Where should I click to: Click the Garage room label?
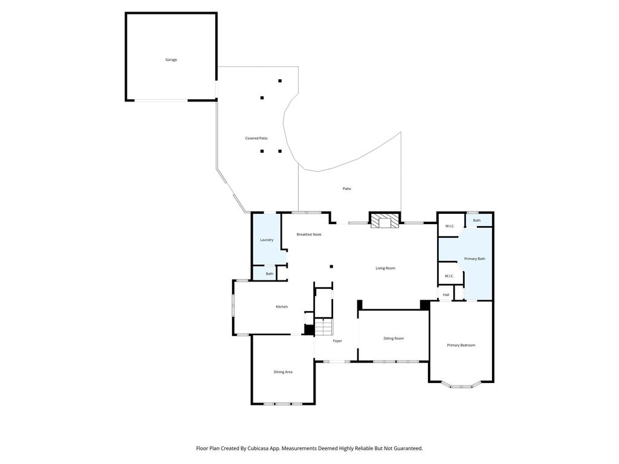click(171, 60)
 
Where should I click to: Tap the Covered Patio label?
click(256, 138)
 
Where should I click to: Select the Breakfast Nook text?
click(309, 234)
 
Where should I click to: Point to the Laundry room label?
click(267, 240)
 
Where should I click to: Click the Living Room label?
click(385, 268)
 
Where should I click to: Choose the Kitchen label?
click(282, 306)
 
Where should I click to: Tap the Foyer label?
click(337, 341)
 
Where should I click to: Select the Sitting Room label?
click(394, 338)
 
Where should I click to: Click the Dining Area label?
click(283, 372)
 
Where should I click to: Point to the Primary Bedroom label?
click(461, 345)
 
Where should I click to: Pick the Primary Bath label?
click(475, 259)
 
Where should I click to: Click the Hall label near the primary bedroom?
click(446, 295)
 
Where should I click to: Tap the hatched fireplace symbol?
click(384, 222)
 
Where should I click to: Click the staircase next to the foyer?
click(324, 327)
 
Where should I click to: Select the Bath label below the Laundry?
click(269, 274)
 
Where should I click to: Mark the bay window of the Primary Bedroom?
click(461, 385)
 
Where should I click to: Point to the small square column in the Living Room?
click(332, 266)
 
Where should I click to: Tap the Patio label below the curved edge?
click(346, 188)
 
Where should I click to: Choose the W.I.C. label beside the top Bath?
click(450, 226)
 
